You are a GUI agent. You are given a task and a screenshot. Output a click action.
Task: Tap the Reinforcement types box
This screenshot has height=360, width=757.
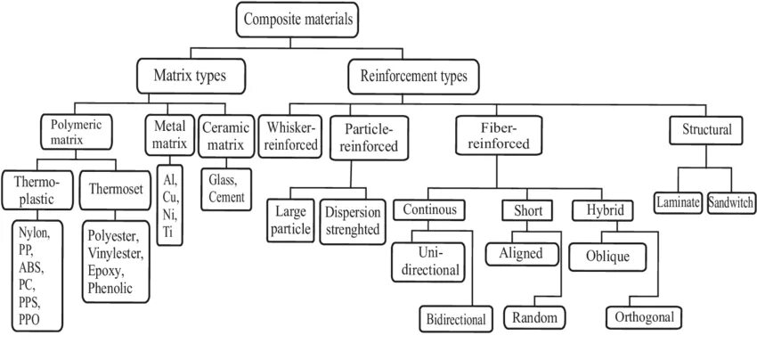[x=412, y=76]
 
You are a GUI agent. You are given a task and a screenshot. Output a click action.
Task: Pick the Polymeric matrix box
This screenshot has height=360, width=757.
[x=77, y=131]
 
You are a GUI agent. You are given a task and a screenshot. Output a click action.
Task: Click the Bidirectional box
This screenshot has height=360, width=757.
[x=456, y=318]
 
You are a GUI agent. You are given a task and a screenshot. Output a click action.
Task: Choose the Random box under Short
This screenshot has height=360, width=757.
[x=533, y=317]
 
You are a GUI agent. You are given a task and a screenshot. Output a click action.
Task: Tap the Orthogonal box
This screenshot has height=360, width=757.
[x=645, y=317]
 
